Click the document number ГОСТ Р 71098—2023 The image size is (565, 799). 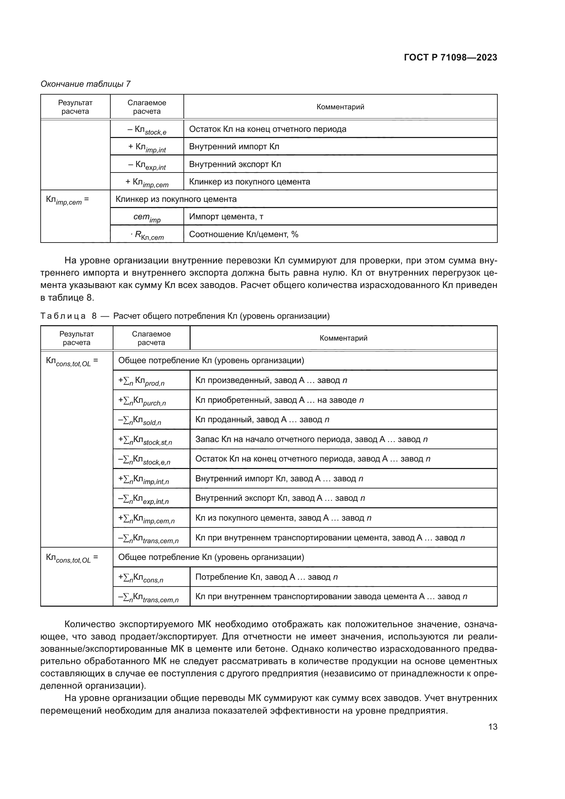pyautogui.click(x=450, y=57)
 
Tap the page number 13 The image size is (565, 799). pyautogui.click(x=492, y=727)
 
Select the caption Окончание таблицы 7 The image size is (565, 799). pyautogui.click(x=86, y=84)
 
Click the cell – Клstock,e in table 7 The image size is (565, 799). pyautogui.click(x=147, y=130)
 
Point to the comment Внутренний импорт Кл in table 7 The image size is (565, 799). pyautogui.click(x=234, y=147)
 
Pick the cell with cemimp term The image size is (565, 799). pyautogui.click(x=147, y=217)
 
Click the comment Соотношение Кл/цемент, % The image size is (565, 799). pyautogui.click(x=244, y=234)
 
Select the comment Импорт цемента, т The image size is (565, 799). pyautogui.click(x=226, y=217)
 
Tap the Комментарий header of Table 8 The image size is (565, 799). pyautogui.click(x=343, y=338)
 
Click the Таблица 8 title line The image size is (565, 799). pyautogui.click(x=185, y=316)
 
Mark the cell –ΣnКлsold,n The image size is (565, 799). pyautogui.click(x=139, y=420)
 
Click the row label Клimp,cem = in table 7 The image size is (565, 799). pyautogui.click(x=68, y=200)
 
